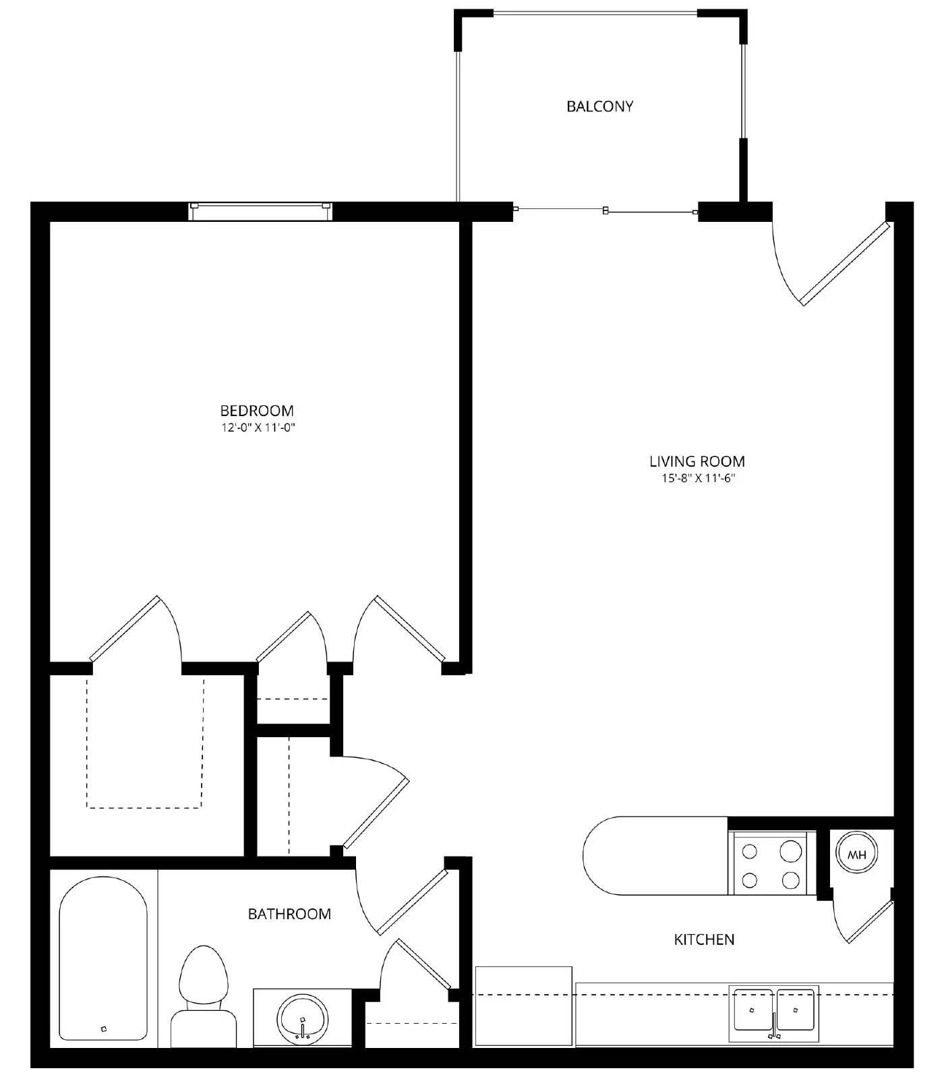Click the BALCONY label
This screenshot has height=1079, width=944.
point(599,107)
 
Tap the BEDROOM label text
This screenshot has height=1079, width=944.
point(257,411)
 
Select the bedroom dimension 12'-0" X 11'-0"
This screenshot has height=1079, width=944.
point(259,428)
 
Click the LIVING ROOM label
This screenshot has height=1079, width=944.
point(697,461)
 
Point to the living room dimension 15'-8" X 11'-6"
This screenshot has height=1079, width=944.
point(697,479)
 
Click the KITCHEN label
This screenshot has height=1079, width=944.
point(704,939)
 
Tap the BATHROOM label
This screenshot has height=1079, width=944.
point(289,914)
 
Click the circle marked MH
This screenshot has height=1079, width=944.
point(856,855)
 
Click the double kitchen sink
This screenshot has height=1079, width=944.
point(775,1012)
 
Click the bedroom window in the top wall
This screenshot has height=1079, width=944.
point(260,211)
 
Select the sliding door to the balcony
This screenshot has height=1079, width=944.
point(605,211)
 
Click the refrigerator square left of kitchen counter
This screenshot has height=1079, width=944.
point(524,1006)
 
